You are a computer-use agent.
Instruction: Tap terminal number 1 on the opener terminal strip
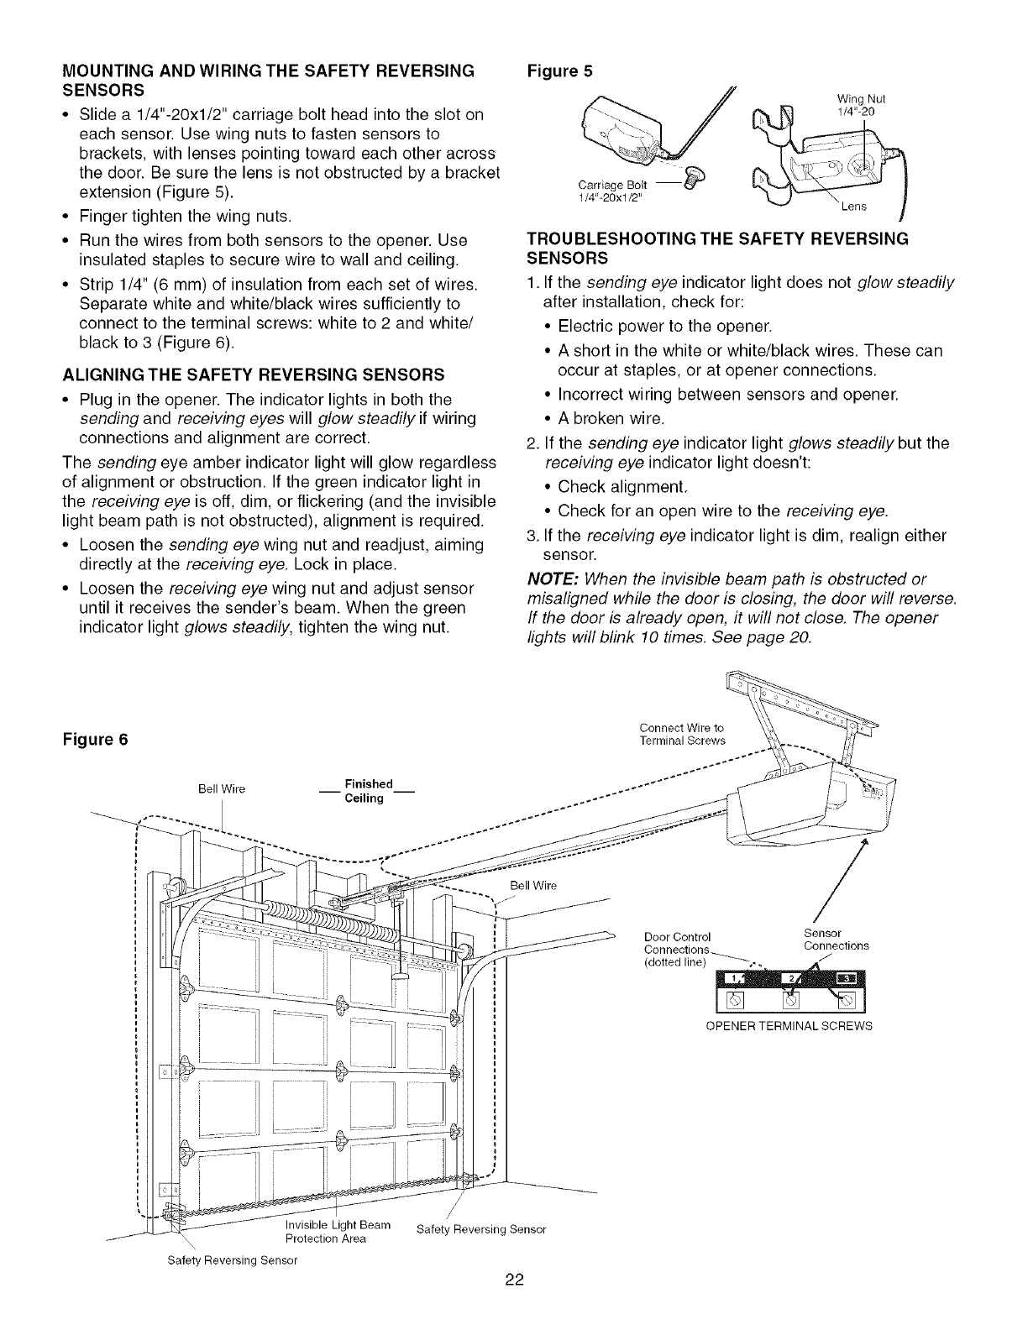pos(736,978)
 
